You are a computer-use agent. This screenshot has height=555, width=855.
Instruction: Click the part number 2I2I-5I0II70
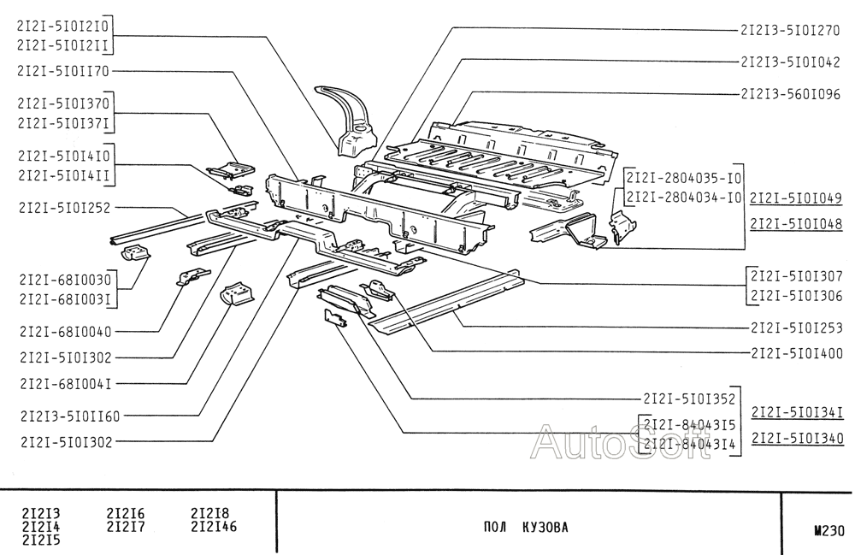62,72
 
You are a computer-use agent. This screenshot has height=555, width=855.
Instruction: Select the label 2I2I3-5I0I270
790,30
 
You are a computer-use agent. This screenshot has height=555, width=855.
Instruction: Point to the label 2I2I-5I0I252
62,207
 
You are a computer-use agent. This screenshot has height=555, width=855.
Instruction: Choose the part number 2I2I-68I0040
62,331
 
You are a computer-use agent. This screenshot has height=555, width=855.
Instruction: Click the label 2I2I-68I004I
62,384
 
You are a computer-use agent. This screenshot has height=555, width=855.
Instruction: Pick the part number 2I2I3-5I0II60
68,416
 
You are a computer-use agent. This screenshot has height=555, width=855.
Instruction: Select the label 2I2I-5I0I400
796,352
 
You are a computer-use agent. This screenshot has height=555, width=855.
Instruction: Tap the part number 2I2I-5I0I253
796,327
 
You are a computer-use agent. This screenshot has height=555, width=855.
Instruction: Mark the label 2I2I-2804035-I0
683,179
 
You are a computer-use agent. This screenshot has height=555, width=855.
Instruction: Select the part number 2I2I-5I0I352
689,399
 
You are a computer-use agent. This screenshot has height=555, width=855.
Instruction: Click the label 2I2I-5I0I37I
62,124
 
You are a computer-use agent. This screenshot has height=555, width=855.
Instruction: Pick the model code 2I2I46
213,526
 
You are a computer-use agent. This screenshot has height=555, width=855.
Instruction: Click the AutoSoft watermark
620,442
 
